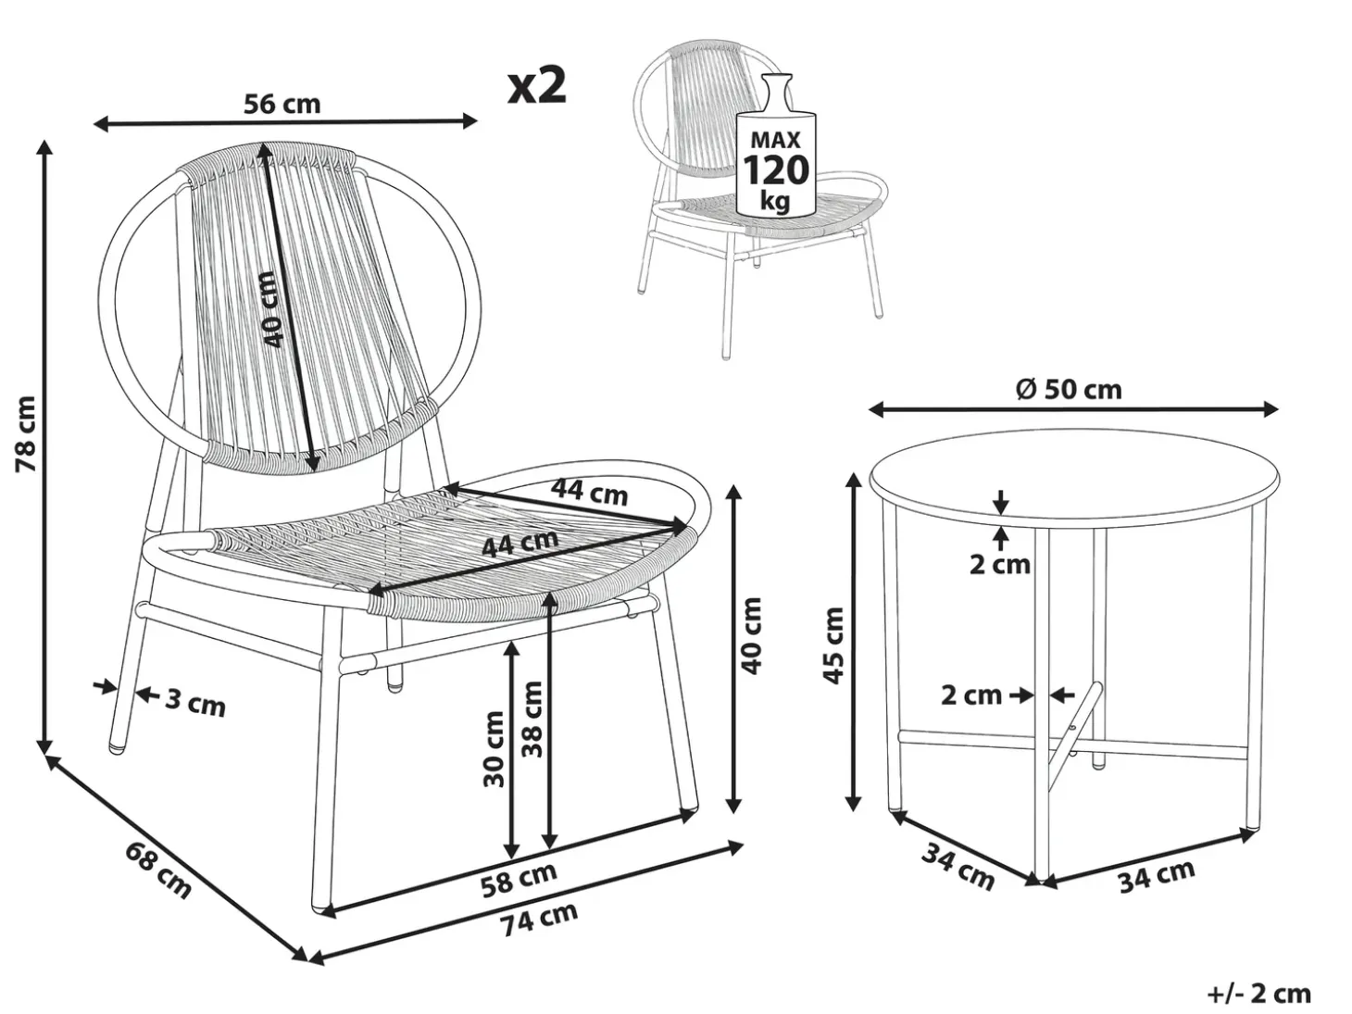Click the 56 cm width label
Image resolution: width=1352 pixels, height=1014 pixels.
click(282, 104)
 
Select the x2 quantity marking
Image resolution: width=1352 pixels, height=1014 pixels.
click(536, 86)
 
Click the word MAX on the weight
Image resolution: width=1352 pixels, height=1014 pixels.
click(775, 141)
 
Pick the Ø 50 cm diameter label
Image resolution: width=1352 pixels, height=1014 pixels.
click(1068, 390)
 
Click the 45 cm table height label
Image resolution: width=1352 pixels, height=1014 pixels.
click(833, 645)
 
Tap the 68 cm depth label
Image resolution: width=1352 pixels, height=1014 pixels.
click(159, 870)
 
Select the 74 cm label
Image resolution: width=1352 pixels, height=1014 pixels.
click(538, 919)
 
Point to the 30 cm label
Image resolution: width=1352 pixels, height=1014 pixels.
click(493, 749)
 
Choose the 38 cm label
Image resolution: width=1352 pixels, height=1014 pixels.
click(532, 720)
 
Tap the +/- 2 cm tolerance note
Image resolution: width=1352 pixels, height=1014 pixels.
click(1259, 994)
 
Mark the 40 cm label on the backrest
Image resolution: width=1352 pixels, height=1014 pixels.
click(271, 309)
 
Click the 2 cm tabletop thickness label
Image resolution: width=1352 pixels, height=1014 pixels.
click(1000, 564)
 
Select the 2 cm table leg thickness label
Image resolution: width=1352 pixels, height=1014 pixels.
click(971, 695)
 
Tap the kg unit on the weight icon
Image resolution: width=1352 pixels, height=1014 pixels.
click(774, 201)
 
